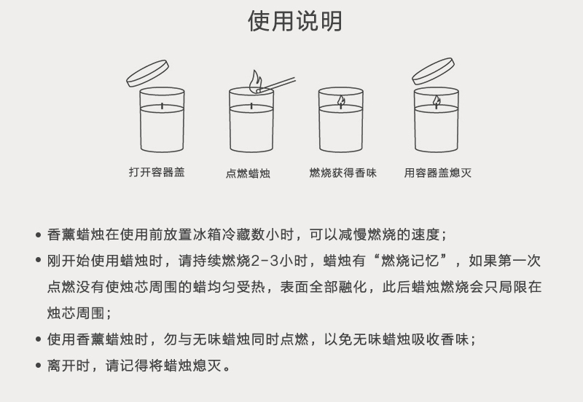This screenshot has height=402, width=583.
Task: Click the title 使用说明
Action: coord(294,22)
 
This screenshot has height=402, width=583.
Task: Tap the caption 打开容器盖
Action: coord(157,173)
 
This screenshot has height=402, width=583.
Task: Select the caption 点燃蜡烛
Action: coord(248,173)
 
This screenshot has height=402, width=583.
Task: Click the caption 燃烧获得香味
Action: coord(343,173)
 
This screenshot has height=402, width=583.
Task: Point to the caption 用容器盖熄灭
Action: coord(438,173)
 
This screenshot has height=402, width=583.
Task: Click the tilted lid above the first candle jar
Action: coord(148,73)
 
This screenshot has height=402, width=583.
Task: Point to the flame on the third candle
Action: coord(340,101)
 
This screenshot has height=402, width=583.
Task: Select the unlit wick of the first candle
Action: coord(162,109)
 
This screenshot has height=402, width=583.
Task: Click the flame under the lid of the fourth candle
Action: coord(437,101)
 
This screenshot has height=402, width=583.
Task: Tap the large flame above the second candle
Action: coord(254,81)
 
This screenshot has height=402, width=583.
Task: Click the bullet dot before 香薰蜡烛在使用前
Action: coord(38,235)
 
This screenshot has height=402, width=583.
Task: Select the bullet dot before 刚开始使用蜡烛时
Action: coord(38,261)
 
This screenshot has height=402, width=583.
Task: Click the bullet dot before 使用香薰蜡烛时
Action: coord(38,340)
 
